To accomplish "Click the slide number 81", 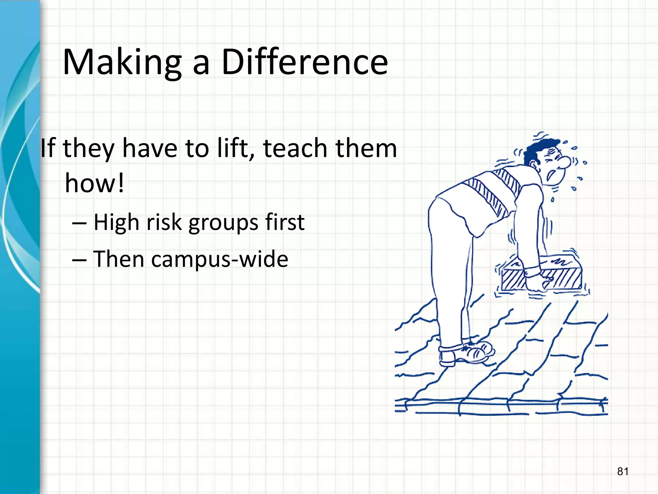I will tap(623, 471).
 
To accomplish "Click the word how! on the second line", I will tap(94, 183).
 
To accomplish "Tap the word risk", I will tap(164, 222).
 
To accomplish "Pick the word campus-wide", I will tap(219, 259).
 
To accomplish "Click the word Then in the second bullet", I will tap(119, 259).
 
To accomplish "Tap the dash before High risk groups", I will tap(79, 223).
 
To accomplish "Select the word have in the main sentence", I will tap(150, 148).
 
